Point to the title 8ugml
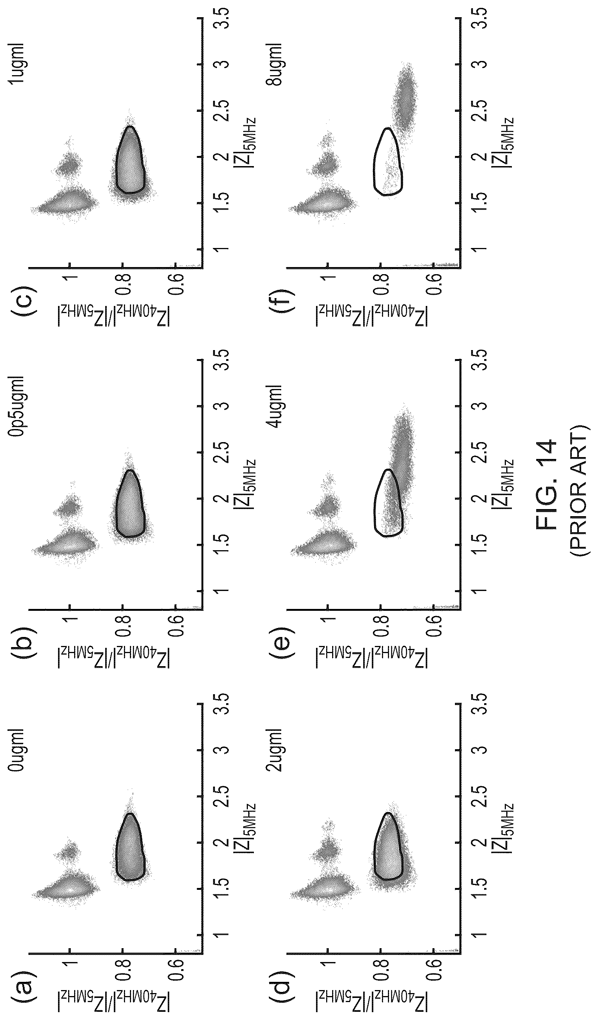276,61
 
